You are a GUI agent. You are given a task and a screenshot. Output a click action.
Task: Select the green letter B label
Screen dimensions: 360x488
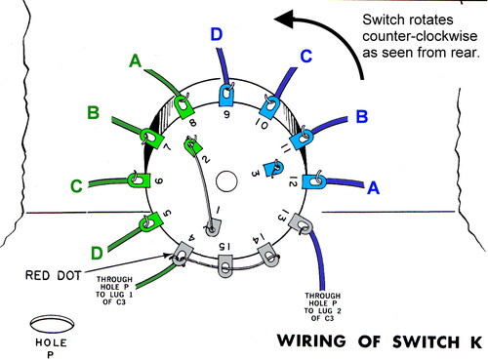[93, 113]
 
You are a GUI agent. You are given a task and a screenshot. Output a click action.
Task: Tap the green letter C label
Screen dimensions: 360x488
[75, 184]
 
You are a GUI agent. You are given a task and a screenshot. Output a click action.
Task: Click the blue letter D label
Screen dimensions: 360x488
[216, 36]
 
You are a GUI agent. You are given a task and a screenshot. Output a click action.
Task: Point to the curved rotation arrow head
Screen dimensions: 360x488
[283, 18]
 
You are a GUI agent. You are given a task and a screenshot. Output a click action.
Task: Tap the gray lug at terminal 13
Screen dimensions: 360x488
[304, 225]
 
